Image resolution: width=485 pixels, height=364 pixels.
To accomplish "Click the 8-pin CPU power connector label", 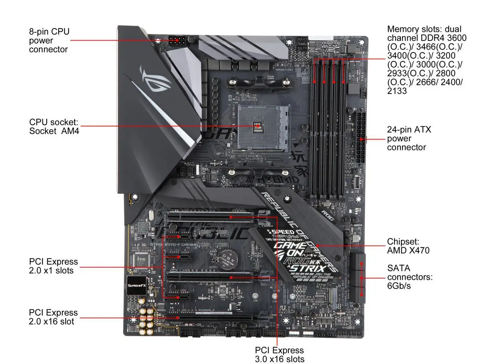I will pos(49,40).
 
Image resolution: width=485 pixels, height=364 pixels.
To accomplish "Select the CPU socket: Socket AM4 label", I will pos(54,127).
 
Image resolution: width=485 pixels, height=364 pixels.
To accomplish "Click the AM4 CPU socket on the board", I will pos(262,127).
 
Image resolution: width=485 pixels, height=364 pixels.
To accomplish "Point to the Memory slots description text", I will pos(426,60).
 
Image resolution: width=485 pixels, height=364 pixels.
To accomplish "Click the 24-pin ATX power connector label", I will pos(409,138).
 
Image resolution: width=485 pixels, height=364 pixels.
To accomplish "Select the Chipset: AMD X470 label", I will pos(408,246).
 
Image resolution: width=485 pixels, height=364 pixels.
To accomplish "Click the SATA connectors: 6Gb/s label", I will pos(410,277).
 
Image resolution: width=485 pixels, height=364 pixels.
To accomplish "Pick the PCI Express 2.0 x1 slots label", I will pos(53,266).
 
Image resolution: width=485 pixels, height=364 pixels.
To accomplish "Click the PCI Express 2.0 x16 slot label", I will pos(53,317).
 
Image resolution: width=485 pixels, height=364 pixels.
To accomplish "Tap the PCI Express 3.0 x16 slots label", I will pos(279,354).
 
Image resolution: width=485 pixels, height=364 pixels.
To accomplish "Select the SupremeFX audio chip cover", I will pos(136,286).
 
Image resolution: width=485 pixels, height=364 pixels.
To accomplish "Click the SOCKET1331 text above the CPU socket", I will pos(285,70).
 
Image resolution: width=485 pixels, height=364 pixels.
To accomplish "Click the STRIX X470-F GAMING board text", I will pos(174,245).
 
